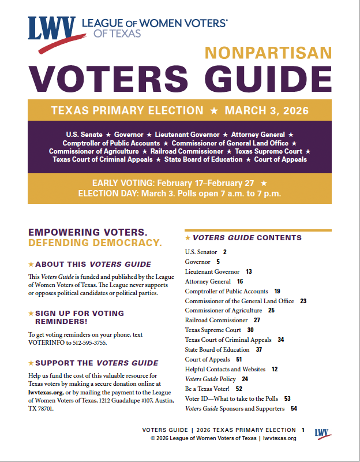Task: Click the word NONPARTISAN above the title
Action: [x=268, y=54]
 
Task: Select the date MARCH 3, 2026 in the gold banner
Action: [x=267, y=110]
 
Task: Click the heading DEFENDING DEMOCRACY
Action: [x=95, y=242]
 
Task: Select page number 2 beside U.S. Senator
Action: [x=225, y=252]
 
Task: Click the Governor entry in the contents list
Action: [x=198, y=262]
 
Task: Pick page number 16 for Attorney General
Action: [x=240, y=281]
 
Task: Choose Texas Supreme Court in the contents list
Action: [x=213, y=330]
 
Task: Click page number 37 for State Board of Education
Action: [x=259, y=349]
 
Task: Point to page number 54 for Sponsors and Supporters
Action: [x=294, y=408]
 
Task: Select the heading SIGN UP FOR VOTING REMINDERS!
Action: [x=80, y=317]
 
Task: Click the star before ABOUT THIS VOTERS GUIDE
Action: [x=31, y=264]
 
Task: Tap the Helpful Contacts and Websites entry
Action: [x=225, y=369]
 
